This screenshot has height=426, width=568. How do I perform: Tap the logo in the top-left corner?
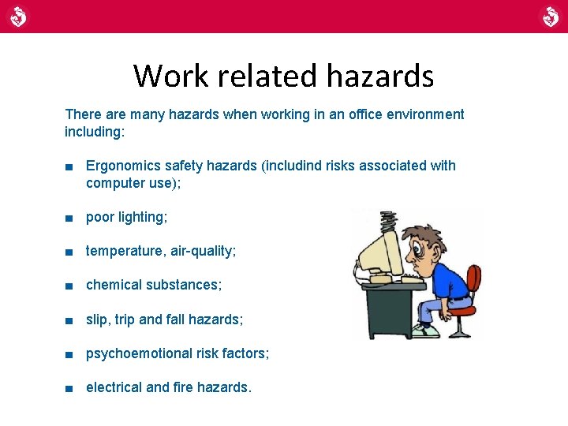tap(18, 16)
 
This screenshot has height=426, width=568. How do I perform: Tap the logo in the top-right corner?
tap(550, 16)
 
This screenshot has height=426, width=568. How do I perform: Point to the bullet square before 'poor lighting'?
tap(69, 218)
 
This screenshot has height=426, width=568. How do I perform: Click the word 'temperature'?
tap(123, 251)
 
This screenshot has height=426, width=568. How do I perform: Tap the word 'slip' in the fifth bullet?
tap(97, 319)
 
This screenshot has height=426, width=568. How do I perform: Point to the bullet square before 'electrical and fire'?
tap(69, 388)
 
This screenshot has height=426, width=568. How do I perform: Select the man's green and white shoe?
tap(425, 331)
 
